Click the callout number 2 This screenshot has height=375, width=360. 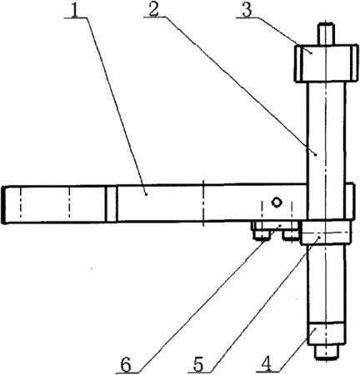153,9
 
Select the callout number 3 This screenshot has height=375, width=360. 247,9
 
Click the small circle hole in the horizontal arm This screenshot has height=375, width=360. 277,202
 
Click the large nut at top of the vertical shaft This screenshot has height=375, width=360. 326,63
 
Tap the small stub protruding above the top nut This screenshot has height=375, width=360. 326,33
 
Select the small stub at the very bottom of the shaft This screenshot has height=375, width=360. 326,352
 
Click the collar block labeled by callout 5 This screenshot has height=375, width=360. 326,232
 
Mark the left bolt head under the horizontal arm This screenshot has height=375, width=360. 262,235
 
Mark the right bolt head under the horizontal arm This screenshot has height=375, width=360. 291,235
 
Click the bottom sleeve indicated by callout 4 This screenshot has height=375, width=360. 326,334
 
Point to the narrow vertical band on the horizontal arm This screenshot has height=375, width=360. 111,204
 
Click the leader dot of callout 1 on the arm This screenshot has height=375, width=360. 147,194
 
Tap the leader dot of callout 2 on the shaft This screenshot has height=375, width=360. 316,155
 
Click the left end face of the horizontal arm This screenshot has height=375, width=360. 2,205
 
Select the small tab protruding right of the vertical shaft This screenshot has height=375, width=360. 350,201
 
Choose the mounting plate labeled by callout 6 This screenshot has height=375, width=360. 275,226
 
